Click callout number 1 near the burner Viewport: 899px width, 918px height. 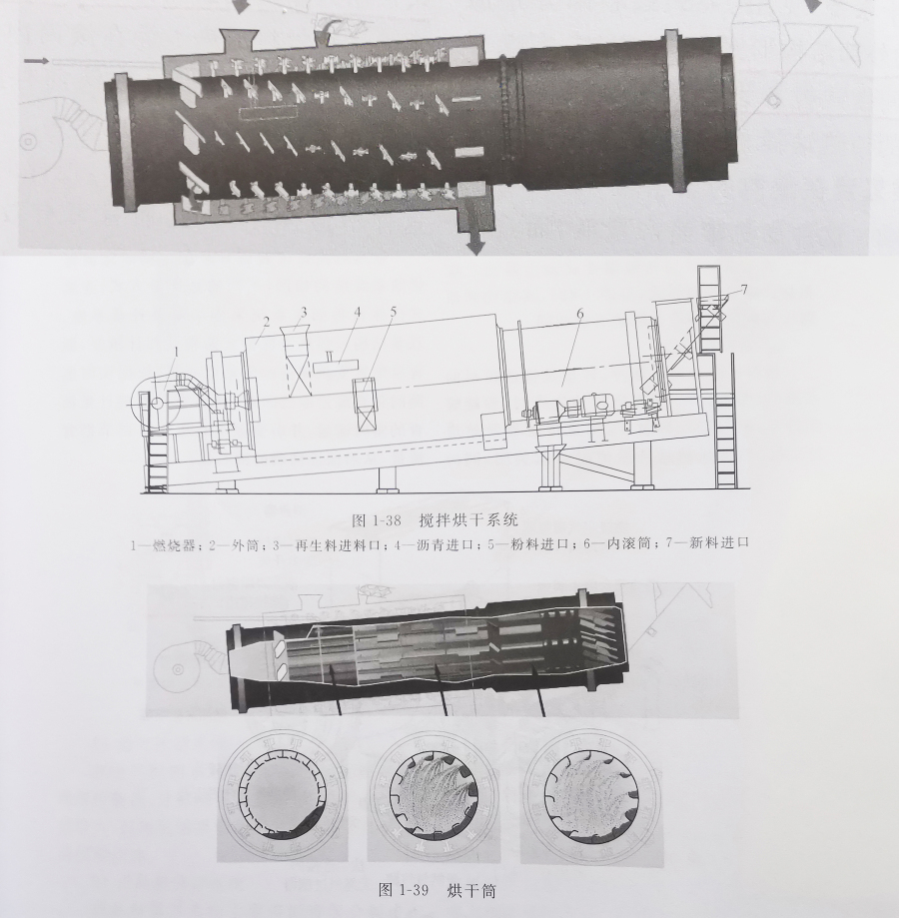pos(177,352)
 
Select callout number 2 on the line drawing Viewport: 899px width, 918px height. pos(266,322)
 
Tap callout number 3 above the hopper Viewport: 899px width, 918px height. pos(304,313)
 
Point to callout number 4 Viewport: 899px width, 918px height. pos(356,313)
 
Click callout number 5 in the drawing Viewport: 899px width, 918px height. pos(394,311)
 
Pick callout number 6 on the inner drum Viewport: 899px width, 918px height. pos(579,315)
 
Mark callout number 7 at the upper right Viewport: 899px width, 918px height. pos(744,290)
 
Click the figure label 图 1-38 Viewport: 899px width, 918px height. pos(376,519)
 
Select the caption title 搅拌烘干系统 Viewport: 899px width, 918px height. pos(468,519)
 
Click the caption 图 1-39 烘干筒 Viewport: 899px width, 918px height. pos(438,890)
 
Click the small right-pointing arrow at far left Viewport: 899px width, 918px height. pos(38,61)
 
